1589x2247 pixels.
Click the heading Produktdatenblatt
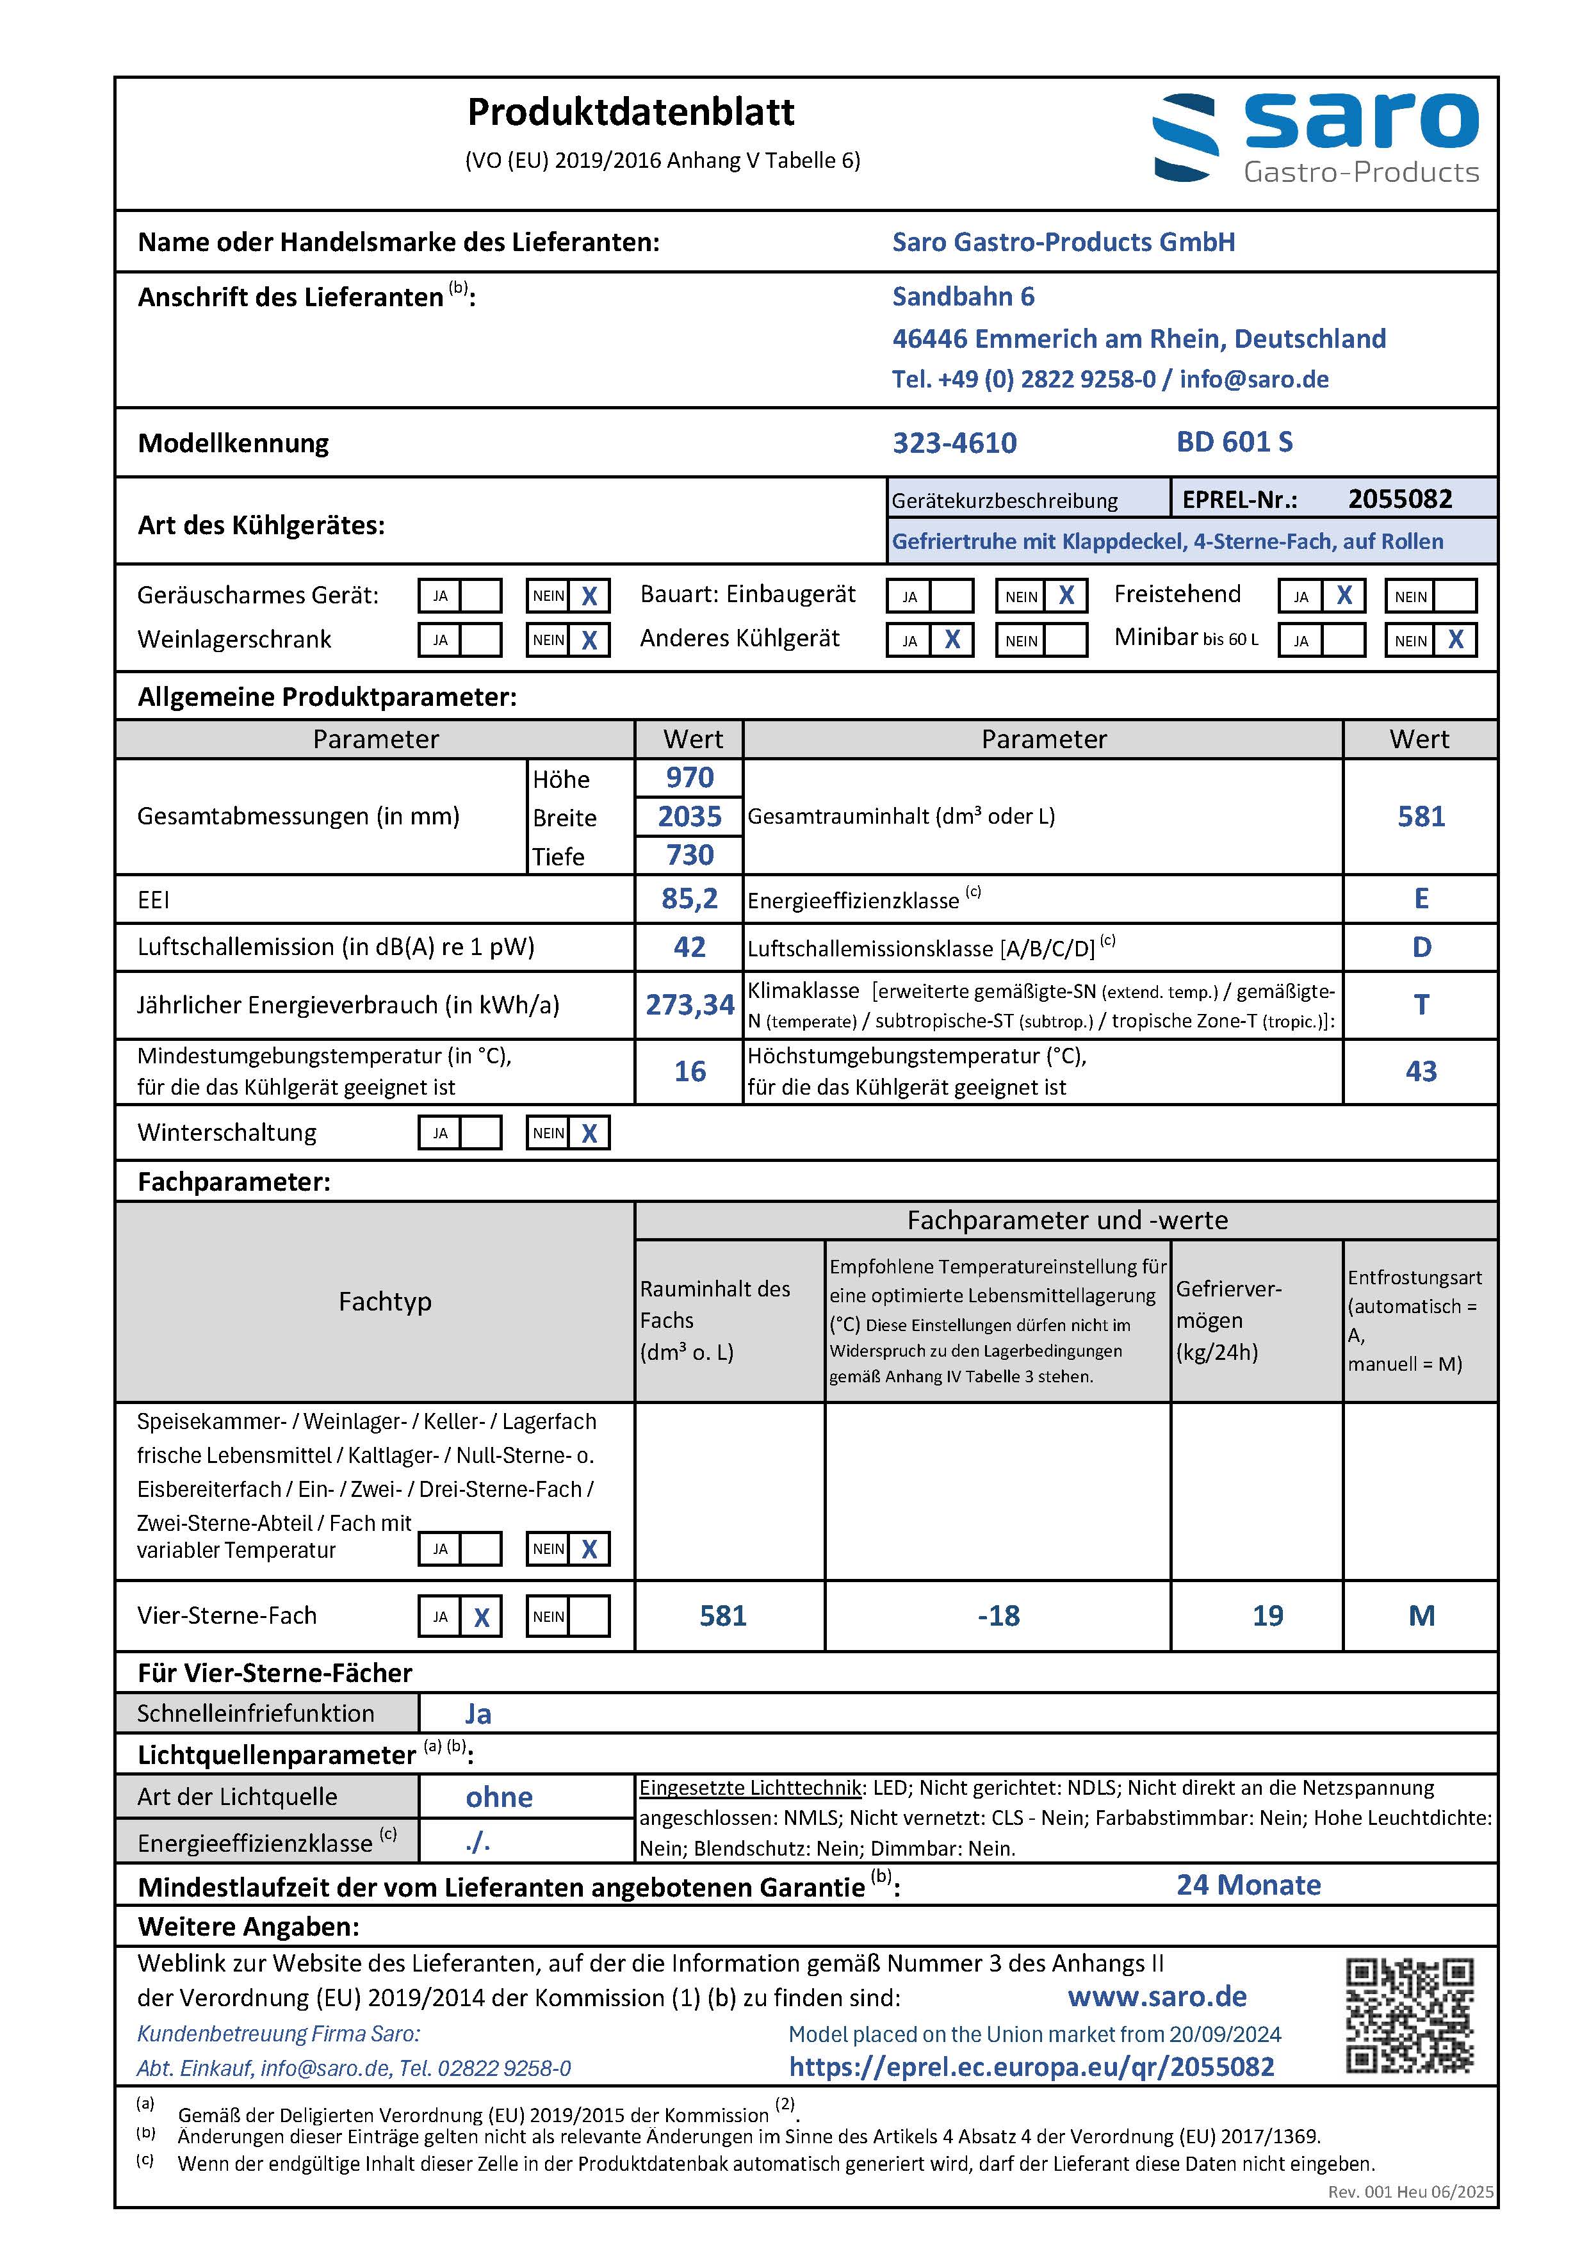pyautogui.click(x=630, y=113)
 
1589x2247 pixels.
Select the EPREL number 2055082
pyautogui.click(x=1399, y=499)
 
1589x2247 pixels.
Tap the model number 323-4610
pyautogui.click(x=954, y=443)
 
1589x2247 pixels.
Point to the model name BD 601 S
pyautogui.click(x=1234, y=443)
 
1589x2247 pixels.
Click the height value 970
pyautogui.click(x=690, y=778)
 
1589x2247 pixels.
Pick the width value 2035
pyautogui.click(x=690, y=816)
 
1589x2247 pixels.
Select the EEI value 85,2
pyautogui.click(x=690, y=899)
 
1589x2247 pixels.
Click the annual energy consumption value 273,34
pyautogui.click(x=690, y=1005)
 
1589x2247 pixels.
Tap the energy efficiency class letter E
pyautogui.click(x=1421, y=899)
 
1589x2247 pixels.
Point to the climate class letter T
pyautogui.click(x=1421, y=1005)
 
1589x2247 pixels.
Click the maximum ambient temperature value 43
pyautogui.click(x=1421, y=1072)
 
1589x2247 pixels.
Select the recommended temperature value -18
pyautogui.click(x=998, y=1616)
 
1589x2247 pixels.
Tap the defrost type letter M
pyautogui.click(x=1421, y=1616)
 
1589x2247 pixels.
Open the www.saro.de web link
pyautogui.click(x=1157, y=1997)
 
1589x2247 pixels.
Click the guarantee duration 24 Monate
pyautogui.click(x=1248, y=1885)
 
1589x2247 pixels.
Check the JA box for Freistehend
pyautogui.click(x=1344, y=595)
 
